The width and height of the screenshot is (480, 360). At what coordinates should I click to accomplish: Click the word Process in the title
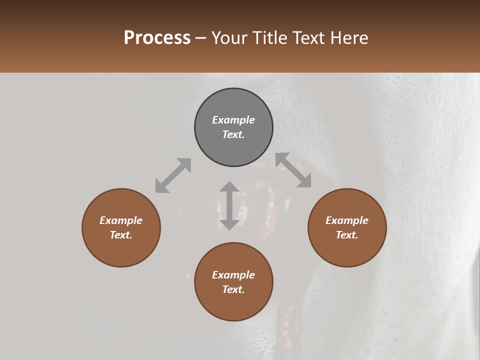tap(157, 38)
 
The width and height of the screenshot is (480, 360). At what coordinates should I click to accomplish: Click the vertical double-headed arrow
tap(229, 205)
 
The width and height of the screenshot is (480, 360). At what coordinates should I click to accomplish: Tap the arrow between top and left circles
tap(173, 175)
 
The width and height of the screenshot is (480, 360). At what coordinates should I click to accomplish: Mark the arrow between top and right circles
tap(293, 170)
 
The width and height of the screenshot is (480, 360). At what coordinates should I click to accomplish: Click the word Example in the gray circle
tap(233, 120)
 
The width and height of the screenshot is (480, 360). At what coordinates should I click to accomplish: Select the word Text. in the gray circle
tap(233, 134)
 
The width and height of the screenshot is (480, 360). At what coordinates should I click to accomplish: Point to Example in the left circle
tap(121, 220)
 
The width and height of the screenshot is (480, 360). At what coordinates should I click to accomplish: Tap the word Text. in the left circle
tap(121, 235)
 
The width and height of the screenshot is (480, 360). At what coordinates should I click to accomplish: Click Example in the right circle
tap(347, 220)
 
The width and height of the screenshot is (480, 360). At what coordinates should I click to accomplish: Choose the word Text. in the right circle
tap(347, 235)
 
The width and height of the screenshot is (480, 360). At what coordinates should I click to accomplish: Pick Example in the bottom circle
tap(233, 275)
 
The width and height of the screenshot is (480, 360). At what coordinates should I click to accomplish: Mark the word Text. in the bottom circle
tap(233, 289)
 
